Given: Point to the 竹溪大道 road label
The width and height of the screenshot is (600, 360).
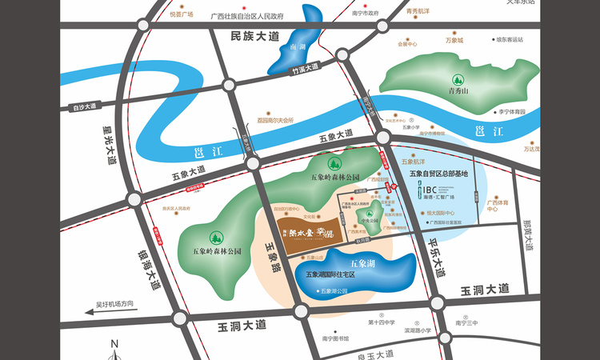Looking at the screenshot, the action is [305, 70].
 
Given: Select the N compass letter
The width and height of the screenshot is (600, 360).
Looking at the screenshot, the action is [114, 343].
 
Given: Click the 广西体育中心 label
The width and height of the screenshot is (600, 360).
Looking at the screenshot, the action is [498, 206].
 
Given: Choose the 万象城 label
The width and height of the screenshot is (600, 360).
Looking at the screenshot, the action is [454, 40].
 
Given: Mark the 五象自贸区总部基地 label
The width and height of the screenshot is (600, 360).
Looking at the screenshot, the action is [438, 173].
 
